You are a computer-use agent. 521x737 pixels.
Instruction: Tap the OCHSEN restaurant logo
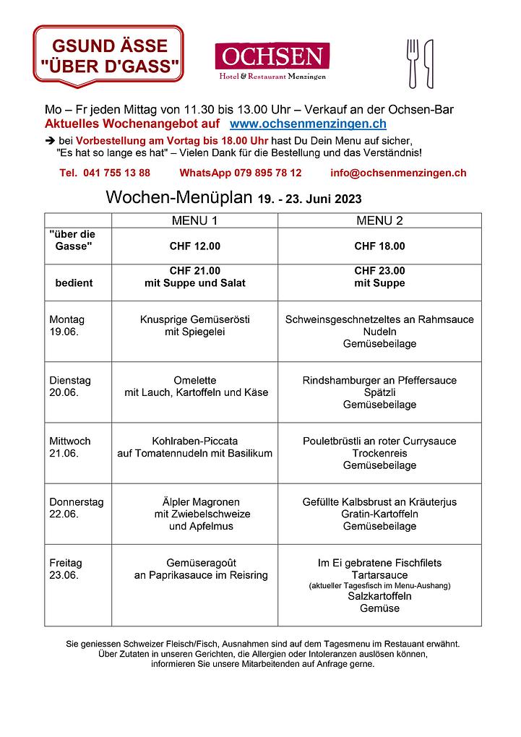272,60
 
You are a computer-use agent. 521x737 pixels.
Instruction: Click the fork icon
413,62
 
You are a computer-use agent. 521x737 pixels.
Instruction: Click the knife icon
429,62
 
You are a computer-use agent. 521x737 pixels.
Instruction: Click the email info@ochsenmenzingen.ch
398,173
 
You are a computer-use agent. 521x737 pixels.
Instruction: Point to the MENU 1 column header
194,220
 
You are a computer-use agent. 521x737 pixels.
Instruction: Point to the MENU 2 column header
379,220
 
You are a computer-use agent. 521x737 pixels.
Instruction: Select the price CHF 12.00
194,246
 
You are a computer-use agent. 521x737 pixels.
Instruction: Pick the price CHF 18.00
379,246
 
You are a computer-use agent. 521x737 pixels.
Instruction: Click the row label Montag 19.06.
67,325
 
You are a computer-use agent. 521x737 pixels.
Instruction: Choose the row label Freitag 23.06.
66,569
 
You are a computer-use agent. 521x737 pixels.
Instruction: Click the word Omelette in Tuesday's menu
195,380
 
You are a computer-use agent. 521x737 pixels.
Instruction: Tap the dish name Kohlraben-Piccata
195,441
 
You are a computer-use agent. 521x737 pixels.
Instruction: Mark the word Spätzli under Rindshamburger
379,392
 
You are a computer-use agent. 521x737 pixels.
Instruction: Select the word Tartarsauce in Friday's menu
379,575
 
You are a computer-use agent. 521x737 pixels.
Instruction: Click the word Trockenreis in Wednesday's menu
379,453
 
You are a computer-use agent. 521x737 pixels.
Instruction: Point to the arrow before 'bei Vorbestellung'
49,140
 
